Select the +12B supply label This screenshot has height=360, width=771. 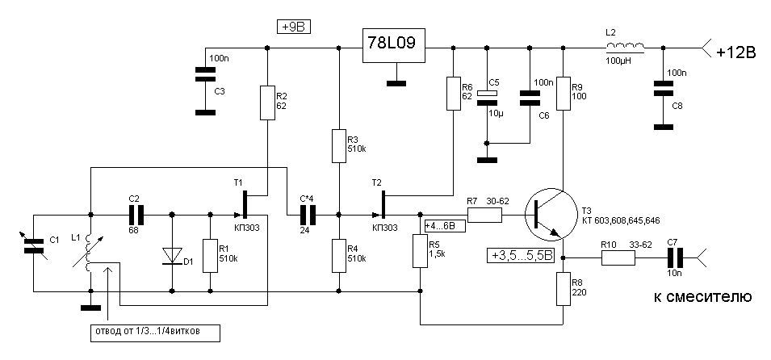coord(735,52)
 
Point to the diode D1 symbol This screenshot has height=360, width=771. coord(172,255)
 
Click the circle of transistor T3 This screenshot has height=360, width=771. coord(549,216)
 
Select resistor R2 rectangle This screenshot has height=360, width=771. coord(267,101)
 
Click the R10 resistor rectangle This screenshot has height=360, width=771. coord(618,258)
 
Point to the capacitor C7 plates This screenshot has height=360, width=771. coord(674,258)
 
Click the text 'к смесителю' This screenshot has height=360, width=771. coord(702,298)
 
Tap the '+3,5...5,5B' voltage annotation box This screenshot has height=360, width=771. coord(522,256)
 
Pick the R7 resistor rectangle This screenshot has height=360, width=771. coord(484,215)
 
